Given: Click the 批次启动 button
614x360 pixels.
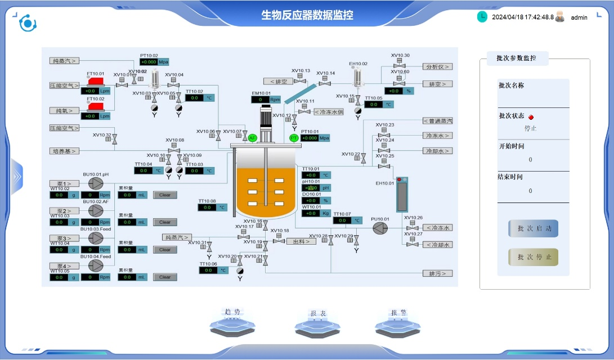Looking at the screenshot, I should (x=533, y=228).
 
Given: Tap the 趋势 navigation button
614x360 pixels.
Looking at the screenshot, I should (x=232, y=321).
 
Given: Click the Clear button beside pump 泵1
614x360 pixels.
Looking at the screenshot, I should (x=165, y=195).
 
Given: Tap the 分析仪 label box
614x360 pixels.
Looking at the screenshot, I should (x=438, y=66).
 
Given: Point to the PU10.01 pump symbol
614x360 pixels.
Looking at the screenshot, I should (x=380, y=227).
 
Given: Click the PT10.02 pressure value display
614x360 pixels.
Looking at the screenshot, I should (x=149, y=62).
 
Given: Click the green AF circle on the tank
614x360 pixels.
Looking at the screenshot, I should (x=252, y=138).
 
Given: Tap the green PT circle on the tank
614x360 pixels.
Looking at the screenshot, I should (x=294, y=138).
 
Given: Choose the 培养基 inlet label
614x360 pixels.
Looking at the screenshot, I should (x=63, y=151).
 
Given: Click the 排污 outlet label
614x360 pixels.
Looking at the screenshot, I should (x=438, y=273).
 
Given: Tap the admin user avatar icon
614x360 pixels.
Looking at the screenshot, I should (x=560, y=17).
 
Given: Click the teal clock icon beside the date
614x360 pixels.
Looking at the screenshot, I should (x=482, y=17).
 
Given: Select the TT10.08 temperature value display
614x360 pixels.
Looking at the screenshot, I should (x=207, y=208).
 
